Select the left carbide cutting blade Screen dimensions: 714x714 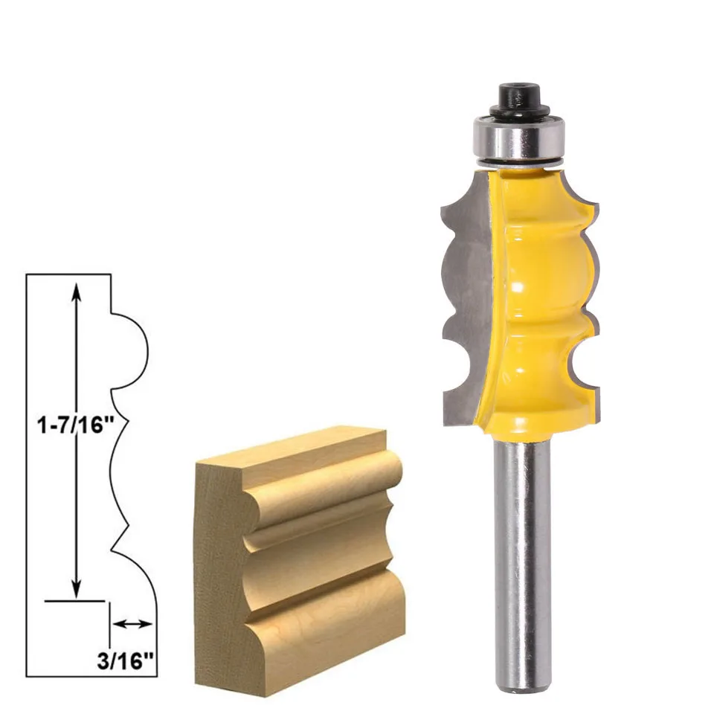[x=465, y=297]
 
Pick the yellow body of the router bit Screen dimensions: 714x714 [x=535, y=297]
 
